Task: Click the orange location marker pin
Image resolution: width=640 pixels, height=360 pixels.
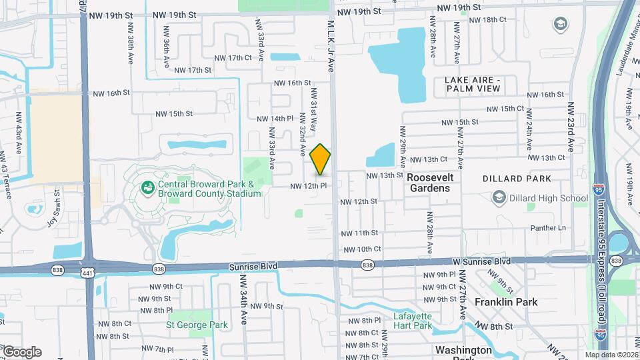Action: point(320,159)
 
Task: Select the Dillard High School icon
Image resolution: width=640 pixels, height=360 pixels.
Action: point(499,197)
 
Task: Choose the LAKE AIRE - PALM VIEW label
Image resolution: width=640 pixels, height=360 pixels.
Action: point(472,84)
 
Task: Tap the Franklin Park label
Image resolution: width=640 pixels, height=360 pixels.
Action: point(505,302)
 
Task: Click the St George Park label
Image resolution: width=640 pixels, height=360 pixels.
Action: point(197,325)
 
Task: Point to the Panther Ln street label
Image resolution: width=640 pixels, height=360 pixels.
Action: point(548,228)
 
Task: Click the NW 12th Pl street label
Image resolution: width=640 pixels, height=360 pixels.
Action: point(307,186)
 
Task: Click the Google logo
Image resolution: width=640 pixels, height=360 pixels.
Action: point(21,351)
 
